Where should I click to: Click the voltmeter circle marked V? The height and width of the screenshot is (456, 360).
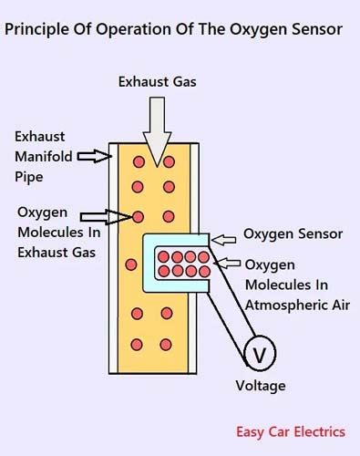(259, 353)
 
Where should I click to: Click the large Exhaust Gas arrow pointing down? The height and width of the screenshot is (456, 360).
(156, 128)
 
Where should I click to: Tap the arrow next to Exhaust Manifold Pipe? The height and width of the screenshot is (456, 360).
(92, 157)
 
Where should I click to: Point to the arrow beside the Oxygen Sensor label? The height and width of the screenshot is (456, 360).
(224, 239)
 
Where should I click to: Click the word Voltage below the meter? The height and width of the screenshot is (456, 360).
(260, 386)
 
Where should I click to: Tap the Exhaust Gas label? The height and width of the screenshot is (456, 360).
(156, 82)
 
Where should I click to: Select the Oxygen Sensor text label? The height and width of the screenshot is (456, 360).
(293, 234)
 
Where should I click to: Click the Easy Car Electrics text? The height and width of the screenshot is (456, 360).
(291, 431)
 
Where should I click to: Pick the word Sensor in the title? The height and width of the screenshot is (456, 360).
(314, 29)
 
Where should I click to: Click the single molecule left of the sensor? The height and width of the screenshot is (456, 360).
(131, 264)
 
